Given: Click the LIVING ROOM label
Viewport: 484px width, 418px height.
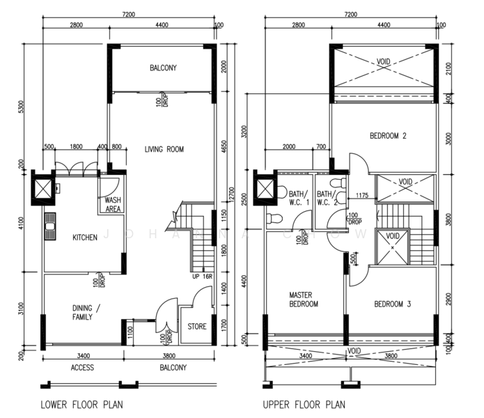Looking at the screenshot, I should click(164, 149).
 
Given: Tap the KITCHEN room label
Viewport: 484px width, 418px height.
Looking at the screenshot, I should click(85, 238).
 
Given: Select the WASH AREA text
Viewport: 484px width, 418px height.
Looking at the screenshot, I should click(113, 204).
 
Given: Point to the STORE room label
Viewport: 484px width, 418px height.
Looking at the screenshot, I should click(197, 326).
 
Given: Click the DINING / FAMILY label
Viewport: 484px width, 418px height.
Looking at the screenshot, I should click(86, 313).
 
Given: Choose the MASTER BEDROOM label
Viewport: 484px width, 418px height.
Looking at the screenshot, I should click(304, 300).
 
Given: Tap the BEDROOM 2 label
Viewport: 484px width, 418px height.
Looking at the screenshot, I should click(388, 136).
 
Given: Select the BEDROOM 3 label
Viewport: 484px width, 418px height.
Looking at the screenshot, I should click(393, 304).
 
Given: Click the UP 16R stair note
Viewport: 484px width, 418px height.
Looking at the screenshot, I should click(202, 277).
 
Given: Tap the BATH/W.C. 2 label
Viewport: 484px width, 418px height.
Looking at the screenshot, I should click(326, 199).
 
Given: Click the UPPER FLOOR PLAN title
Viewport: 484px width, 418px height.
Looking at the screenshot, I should click(303, 404).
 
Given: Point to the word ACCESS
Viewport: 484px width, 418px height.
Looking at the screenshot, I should click(81, 368).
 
